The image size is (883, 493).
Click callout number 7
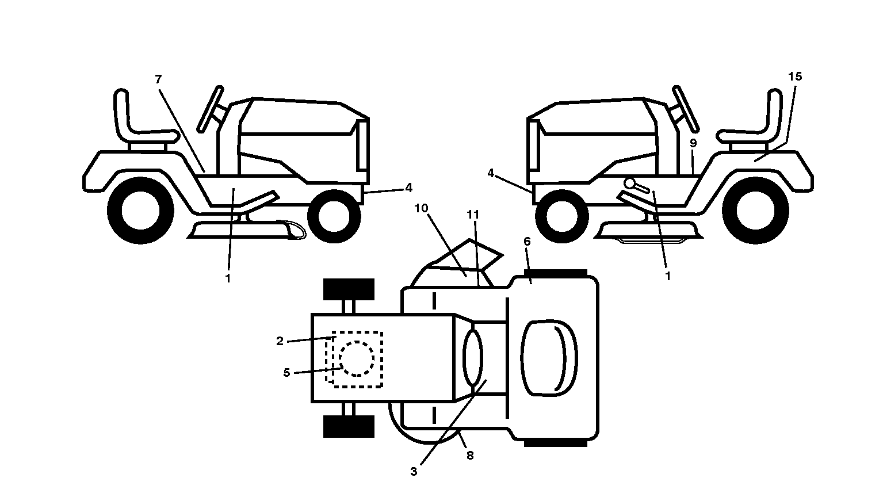158,79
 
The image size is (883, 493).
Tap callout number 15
795,77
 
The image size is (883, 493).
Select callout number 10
421,208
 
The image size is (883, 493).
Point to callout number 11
473,215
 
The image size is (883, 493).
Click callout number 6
527,241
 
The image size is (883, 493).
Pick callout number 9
693,143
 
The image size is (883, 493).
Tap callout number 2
280,341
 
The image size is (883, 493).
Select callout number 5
286,372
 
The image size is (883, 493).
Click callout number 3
414,471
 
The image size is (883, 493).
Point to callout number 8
470,456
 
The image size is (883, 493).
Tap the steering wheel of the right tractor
686,108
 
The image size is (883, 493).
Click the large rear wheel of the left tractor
140,211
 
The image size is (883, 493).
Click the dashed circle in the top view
356,358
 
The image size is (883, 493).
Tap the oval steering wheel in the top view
473,358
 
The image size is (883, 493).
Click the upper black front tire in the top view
349,290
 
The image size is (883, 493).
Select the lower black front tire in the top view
349,426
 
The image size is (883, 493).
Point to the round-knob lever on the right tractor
636,186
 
